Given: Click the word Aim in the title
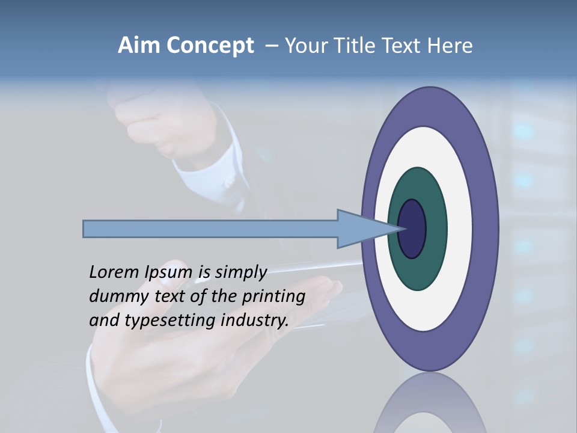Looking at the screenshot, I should point(139,46).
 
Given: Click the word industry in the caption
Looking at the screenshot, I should point(255,321).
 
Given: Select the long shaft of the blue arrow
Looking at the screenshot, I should point(210,229).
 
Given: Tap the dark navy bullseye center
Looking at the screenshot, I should point(412,229).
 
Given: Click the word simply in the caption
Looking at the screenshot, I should point(241,273).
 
